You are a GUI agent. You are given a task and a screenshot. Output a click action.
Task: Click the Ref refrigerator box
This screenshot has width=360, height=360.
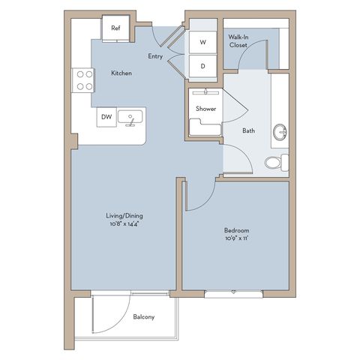(x=115, y=28)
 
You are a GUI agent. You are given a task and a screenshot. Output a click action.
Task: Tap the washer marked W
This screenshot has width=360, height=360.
(x=202, y=42)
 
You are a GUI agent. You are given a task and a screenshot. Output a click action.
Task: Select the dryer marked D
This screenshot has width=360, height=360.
(x=202, y=66)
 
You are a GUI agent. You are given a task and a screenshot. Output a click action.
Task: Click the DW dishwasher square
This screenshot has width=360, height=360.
(x=106, y=117)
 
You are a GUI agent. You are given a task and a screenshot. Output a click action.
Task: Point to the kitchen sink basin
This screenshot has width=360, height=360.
(x=130, y=117)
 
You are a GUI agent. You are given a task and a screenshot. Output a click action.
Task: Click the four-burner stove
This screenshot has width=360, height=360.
(x=83, y=80)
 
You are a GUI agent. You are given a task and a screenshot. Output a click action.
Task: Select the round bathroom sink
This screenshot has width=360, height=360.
(x=280, y=132)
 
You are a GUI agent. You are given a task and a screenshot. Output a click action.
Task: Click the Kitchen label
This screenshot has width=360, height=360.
(x=121, y=73)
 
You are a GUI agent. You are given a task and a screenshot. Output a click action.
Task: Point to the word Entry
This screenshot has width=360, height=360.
(x=155, y=56)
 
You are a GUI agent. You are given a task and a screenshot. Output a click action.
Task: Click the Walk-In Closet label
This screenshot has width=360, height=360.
(x=238, y=41)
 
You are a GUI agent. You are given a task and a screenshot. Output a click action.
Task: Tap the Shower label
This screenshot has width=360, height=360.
(x=205, y=109)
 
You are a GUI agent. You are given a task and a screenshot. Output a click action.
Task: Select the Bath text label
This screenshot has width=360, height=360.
(x=249, y=130)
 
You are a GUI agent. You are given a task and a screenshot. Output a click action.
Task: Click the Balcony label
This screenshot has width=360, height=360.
(x=144, y=317)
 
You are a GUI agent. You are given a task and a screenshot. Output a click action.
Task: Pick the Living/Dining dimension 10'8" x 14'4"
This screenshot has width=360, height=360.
(x=124, y=223)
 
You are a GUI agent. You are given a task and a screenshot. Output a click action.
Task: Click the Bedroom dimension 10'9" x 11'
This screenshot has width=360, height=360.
(x=236, y=238)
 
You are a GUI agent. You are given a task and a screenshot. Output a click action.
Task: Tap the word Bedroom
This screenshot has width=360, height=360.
(x=236, y=230)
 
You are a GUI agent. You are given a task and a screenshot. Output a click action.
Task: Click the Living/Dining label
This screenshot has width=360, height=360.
(x=124, y=216)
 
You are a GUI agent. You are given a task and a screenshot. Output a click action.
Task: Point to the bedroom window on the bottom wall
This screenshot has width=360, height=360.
(x=233, y=294)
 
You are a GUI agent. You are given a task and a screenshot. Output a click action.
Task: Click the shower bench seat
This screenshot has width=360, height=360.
(x=205, y=127)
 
